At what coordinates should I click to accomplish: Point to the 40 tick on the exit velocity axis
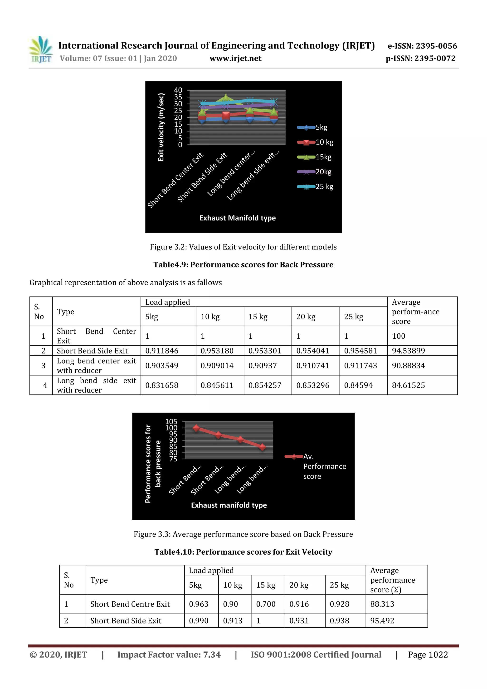[x=178, y=90]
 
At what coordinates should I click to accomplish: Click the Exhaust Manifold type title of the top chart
[x=237, y=218]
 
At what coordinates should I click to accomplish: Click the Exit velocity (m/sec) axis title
[x=161, y=127]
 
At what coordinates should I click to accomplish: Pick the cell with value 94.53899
[x=408, y=351]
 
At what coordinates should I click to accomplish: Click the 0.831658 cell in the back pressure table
[x=162, y=385]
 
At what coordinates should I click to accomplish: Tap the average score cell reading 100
[x=399, y=336]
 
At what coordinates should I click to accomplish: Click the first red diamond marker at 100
[x=196, y=428]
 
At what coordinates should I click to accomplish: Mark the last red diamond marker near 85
[x=263, y=447]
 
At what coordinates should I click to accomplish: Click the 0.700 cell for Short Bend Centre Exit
[x=266, y=604]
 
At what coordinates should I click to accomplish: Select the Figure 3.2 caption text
[x=243, y=247]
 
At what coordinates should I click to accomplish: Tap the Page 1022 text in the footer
[x=428, y=655]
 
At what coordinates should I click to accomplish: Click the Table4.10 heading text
[x=243, y=552]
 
